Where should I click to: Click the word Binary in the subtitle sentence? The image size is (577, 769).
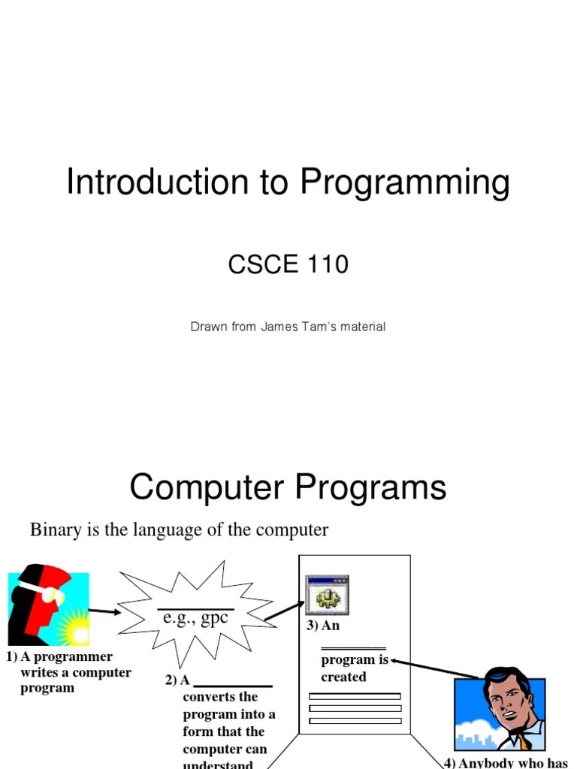(x=55, y=530)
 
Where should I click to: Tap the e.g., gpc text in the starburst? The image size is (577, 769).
(x=195, y=617)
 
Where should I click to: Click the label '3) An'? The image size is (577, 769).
(x=323, y=626)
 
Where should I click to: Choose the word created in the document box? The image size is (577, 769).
(x=343, y=677)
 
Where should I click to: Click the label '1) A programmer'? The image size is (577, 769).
(x=59, y=656)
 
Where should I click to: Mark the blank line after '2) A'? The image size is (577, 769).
(x=232, y=685)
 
